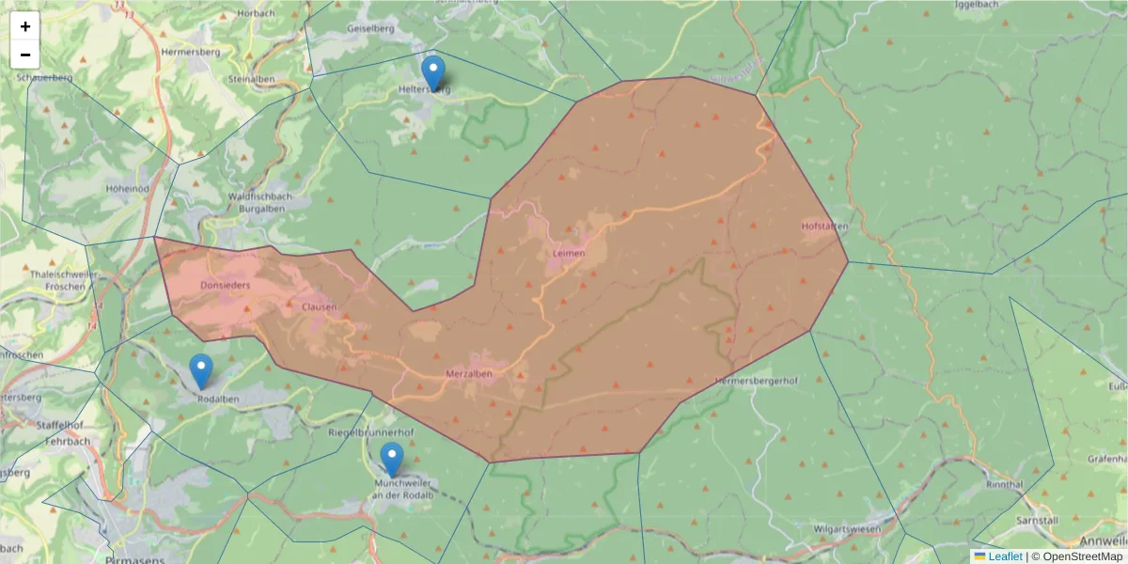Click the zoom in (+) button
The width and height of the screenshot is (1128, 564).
pyautogui.click(x=25, y=26)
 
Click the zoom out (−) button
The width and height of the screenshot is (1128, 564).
pyautogui.click(x=25, y=55)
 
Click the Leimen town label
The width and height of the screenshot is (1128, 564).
pyautogui.click(x=569, y=254)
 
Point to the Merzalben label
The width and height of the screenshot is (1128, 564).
pyautogui.click(x=469, y=373)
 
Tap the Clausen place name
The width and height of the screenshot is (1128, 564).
pyautogui.click(x=319, y=307)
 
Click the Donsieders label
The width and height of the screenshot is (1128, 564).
pyautogui.click(x=226, y=285)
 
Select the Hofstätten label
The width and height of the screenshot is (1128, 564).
pyautogui.click(x=825, y=227)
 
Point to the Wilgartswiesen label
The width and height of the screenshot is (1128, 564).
pyautogui.click(x=852, y=528)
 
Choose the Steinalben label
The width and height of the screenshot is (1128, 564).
pyautogui.click(x=252, y=79)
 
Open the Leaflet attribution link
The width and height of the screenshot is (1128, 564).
pyautogui.click(x=1004, y=556)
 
